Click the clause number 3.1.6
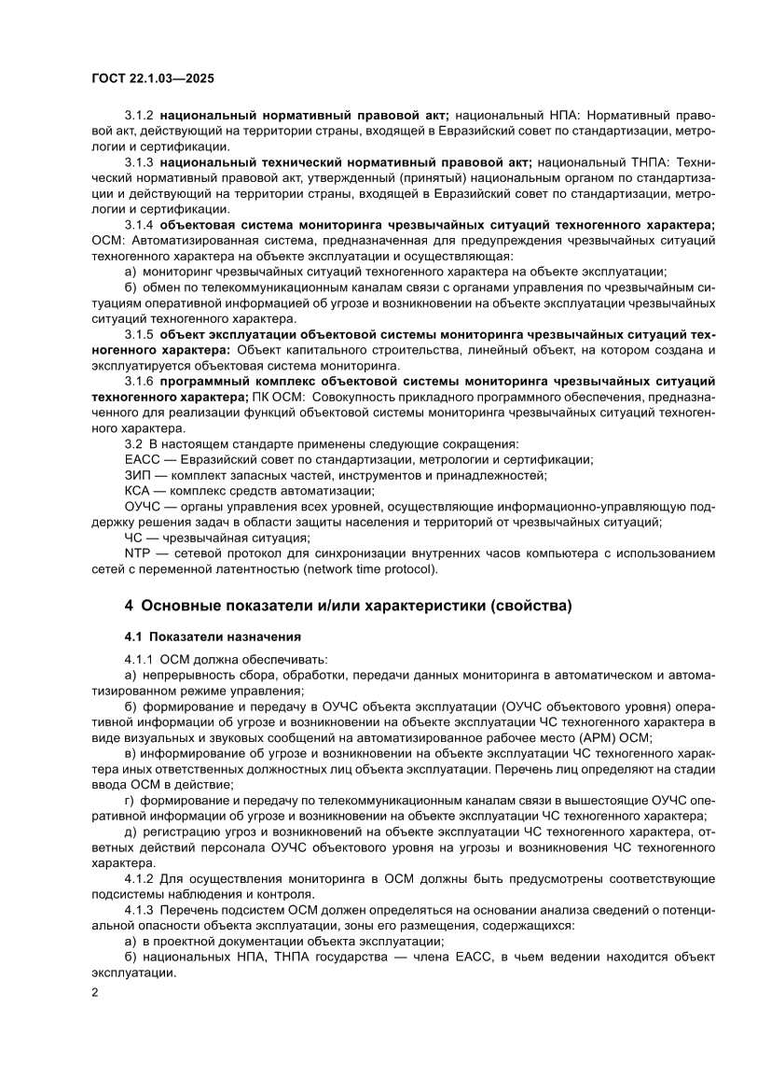pos(139,382)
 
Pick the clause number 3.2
pos(133,443)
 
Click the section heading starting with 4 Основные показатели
pos(348,606)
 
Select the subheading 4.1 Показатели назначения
pos(213,637)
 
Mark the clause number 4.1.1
pos(139,660)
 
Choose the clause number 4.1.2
pos(139,879)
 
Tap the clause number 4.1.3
pos(139,910)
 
